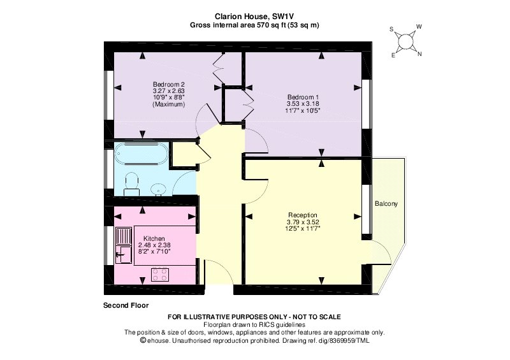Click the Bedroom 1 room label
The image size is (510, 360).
pyautogui.click(x=303, y=97)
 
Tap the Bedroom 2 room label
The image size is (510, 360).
pyautogui.click(x=169, y=85)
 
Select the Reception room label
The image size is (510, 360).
pyautogui.click(x=302, y=215)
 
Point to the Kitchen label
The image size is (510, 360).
pyautogui.click(x=154, y=239)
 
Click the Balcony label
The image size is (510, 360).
pyautogui.click(x=386, y=204)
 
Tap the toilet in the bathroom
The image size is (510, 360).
pyautogui.click(x=131, y=184)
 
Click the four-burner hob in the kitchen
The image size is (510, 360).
pyautogui.click(x=160, y=275)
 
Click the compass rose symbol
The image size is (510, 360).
pyautogui.click(x=405, y=41)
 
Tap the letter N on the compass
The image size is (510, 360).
pyautogui.click(x=419, y=54)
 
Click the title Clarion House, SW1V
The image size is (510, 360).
pyautogui.click(x=254, y=17)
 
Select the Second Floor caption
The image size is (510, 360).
pyautogui.click(x=126, y=305)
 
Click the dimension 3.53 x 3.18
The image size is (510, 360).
pyautogui.click(x=303, y=104)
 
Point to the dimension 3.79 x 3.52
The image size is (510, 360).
pyautogui.click(x=302, y=222)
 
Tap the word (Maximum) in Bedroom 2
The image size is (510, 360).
pyautogui.click(x=169, y=104)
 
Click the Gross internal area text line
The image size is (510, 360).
pyautogui.click(x=254, y=25)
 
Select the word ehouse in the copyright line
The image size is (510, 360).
pyautogui.click(x=158, y=341)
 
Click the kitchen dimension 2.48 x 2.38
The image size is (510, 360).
pyautogui.click(x=154, y=245)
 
